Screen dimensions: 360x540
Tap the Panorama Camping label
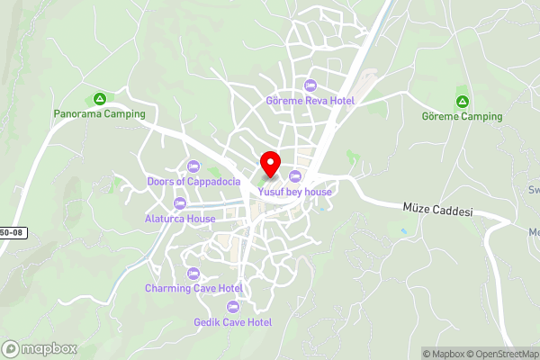tap(98, 114)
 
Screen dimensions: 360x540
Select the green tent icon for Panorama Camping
tap(99, 99)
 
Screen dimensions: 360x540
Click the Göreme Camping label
tap(463, 116)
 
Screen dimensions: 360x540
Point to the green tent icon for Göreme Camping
tap(463, 101)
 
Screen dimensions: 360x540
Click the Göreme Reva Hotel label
tap(310, 101)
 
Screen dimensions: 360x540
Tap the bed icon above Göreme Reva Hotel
tap(311, 85)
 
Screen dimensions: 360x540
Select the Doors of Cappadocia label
tap(193, 181)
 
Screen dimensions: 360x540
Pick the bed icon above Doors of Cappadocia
tap(193, 166)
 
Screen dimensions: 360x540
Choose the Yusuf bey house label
tap(295, 192)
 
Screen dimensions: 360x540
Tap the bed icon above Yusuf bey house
tap(295, 175)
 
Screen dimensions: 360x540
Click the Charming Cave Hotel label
tap(193, 288)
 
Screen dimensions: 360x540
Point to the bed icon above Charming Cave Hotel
tap(193, 273)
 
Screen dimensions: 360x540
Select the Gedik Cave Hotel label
tap(233, 321)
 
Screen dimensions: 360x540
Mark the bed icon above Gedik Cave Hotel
tap(233, 306)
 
